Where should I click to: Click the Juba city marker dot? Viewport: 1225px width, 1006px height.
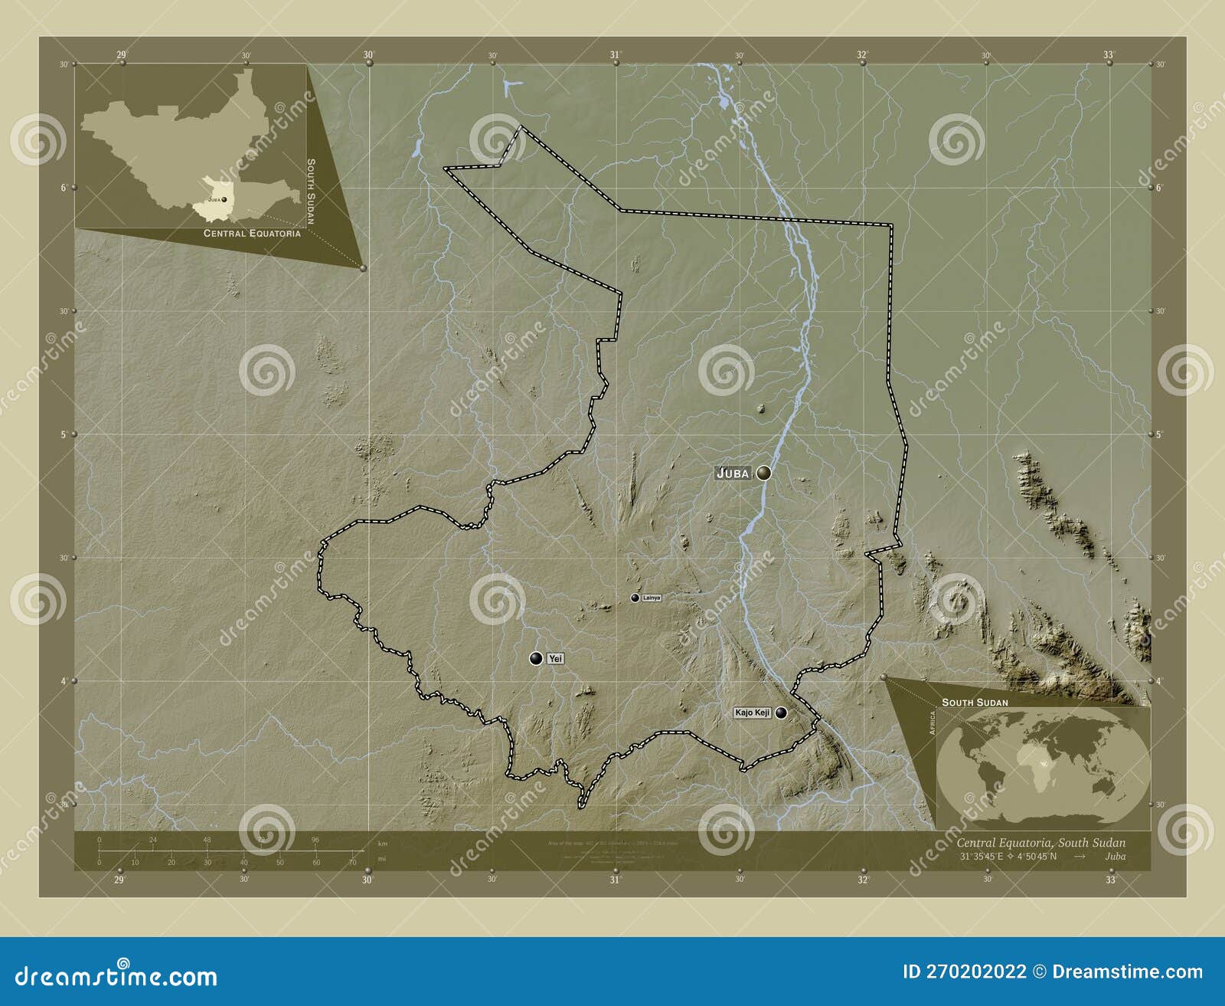[763, 474]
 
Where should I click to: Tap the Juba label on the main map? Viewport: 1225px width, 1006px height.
[733, 474]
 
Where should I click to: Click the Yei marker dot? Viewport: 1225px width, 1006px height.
[536, 658]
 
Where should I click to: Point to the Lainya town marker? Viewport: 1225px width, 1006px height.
[635, 598]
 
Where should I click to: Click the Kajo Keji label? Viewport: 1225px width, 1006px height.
[752, 713]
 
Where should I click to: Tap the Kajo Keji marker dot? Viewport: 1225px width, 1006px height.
[781, 713]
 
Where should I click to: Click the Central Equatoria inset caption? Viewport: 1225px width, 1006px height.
[252, 234]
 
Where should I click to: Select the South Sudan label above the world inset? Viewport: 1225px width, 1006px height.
[975, 702]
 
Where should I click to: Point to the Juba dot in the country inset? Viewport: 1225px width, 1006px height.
[224, 200]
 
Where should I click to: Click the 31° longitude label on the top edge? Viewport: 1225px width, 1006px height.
[615, 54]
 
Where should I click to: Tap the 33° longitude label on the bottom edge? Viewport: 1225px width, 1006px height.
[1109, 880]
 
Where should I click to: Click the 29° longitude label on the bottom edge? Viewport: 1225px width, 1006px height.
[119, 880]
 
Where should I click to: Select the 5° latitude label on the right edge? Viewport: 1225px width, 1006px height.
[1160, 434]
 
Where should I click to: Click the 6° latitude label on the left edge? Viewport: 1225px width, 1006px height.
[64, 187]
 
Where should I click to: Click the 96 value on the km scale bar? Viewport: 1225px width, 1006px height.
[315, 840]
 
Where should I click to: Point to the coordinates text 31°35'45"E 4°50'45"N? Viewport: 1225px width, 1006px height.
[1007, 856]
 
